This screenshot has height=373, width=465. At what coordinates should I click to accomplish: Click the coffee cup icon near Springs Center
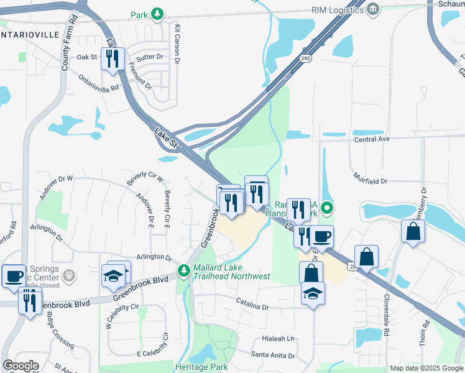coord(14,275)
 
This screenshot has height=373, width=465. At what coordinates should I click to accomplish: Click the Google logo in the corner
coord(21,366)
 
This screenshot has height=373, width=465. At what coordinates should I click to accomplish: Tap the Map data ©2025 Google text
coord(426,368)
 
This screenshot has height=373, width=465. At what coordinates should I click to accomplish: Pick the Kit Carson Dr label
coord(177,45)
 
